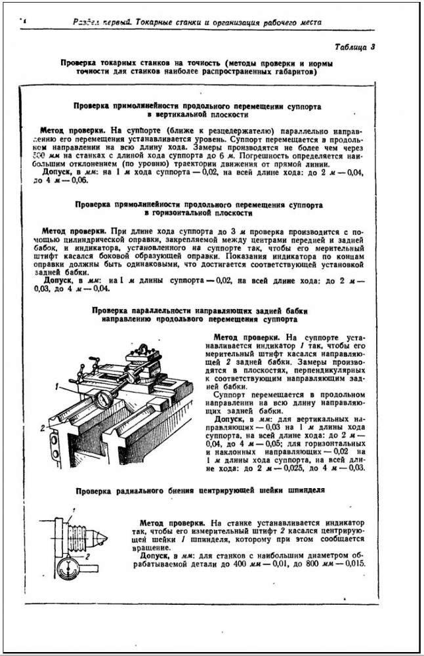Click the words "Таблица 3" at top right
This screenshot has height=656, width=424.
coord(354,47)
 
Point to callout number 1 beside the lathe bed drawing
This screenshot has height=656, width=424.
coord(57,388)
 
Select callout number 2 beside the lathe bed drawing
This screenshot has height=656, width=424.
coord(41,427)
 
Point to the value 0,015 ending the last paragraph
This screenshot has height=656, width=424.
coord(352,566)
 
